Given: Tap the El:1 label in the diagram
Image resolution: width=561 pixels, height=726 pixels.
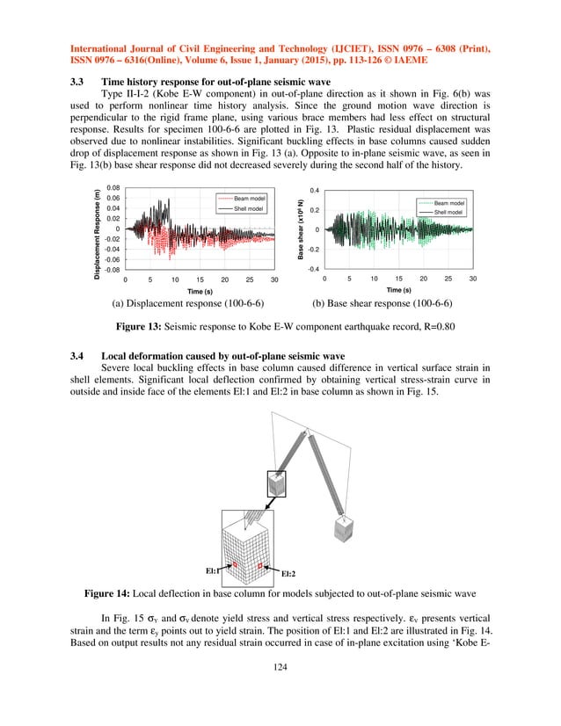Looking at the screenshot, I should click(212, 571).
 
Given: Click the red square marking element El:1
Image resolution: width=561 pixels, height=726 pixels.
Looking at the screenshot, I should click(235, 563).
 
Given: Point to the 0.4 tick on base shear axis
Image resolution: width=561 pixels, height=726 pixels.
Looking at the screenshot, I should click(314, 190).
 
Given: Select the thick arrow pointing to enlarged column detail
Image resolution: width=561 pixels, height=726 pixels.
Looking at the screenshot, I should click(267, 504).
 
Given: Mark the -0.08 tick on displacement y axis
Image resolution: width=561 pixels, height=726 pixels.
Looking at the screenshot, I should click(112, 270).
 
